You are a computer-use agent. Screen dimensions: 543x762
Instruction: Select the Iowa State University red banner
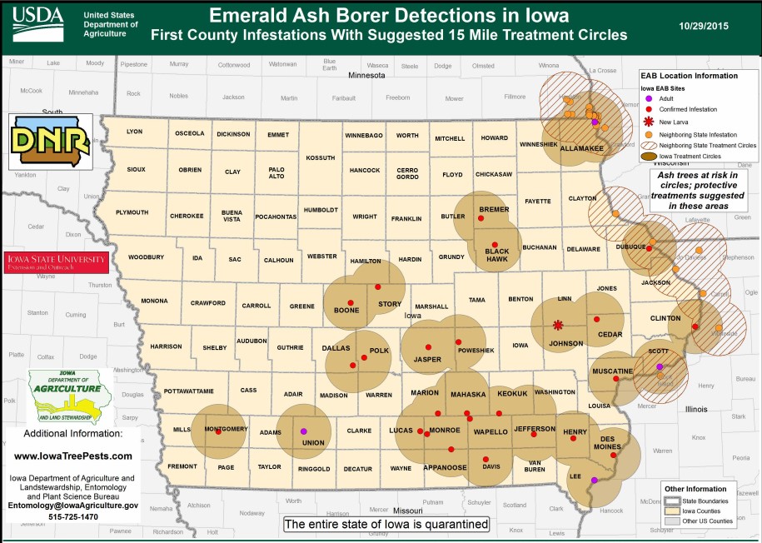[x=57, y=261]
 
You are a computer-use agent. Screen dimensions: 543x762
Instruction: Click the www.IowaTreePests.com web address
[x=73, y=456]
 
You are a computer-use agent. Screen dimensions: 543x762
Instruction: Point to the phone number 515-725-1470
[x=73, y=516]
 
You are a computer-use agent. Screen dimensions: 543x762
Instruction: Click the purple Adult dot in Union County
[x=303, y=431]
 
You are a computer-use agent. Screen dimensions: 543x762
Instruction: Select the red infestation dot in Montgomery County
[x=218, y=431]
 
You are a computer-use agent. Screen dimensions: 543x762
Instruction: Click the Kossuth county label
[x=320, y=157]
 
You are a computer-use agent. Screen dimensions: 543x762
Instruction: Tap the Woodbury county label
[x=147, y=257]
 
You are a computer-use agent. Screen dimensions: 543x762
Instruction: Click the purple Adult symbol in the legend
[x=649, y=98]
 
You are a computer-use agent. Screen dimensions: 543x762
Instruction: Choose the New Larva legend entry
[x=673, y=122]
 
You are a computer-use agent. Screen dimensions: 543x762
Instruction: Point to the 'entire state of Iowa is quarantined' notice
[x=386, y=525]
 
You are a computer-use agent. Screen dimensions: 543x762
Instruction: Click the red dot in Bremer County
[x=481, y=218]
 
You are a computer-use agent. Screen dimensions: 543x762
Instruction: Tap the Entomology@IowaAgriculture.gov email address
[x=73, y=506]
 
